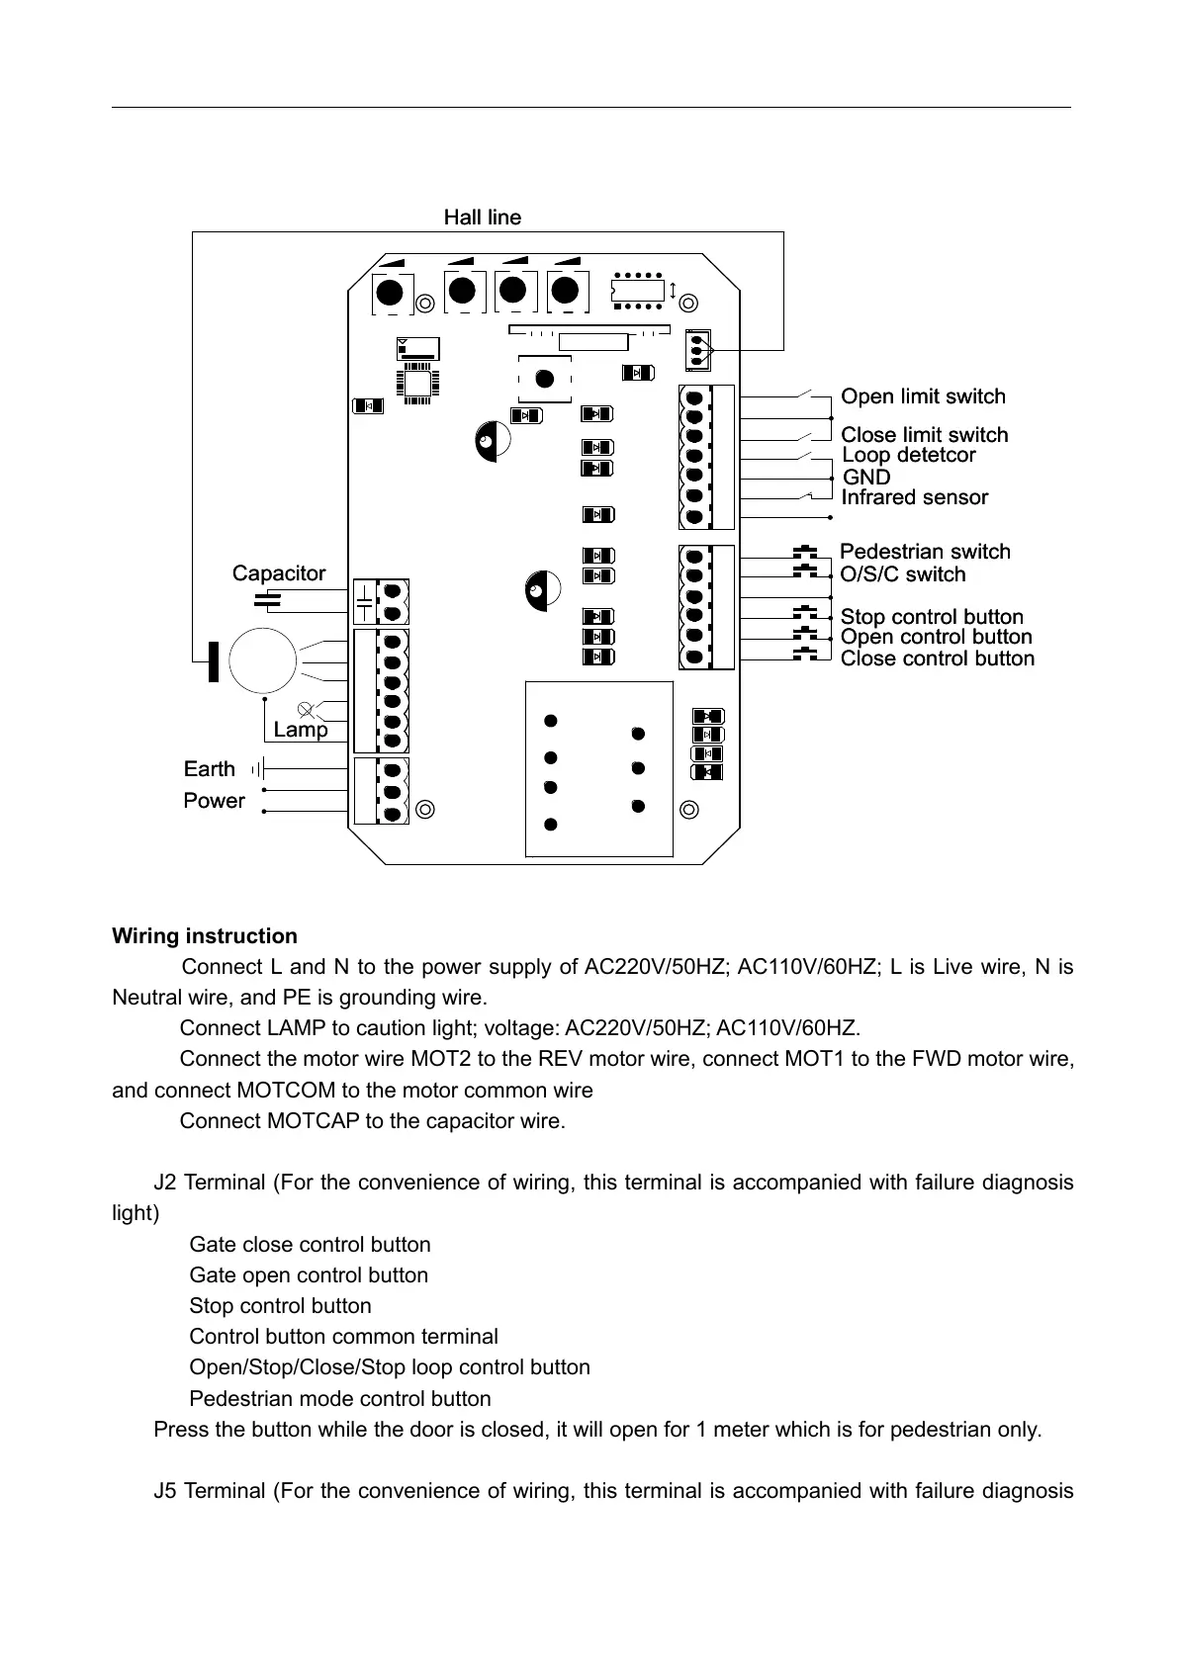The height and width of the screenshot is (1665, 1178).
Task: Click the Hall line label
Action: (482, 218)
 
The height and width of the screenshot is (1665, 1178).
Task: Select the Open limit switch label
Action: (923, 396)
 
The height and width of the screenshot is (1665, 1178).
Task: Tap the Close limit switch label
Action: (924, 435)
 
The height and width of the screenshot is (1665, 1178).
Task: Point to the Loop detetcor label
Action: (908, 455)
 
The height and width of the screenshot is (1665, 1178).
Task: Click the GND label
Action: (865, 477)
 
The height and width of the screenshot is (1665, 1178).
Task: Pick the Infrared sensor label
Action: (914, 497)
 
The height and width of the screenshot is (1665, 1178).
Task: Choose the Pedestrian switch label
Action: (925, 552)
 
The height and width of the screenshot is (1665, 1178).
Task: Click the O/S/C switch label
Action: (902, 574)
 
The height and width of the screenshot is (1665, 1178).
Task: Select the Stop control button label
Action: (932, 617)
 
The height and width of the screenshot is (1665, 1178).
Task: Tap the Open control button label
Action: (936, 637)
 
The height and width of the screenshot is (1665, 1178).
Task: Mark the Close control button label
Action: (937, 658)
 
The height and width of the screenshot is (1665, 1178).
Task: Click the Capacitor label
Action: (279, 573)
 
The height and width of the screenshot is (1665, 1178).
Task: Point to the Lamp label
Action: (300, 730)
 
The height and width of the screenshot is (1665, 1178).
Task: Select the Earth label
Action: (210, 769)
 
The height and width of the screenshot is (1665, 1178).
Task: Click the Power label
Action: (214, 801)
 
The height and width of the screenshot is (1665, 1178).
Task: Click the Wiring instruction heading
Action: (205, 936)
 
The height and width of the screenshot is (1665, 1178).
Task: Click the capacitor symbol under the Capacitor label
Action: (267, 598)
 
